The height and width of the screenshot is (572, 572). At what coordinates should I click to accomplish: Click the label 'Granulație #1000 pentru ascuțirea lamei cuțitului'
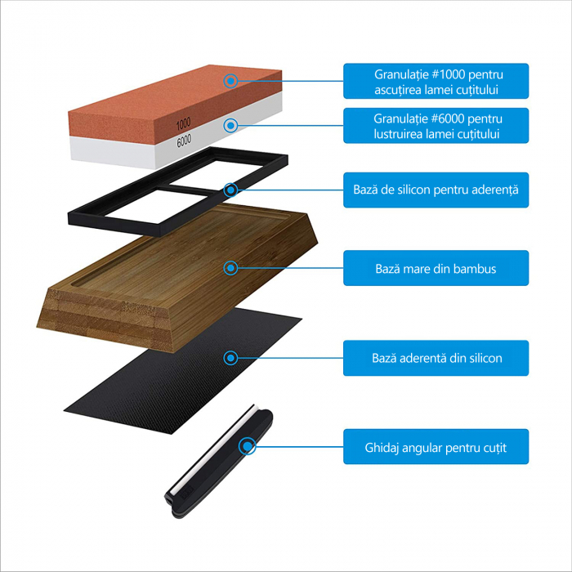pyautogui.click(x=436, y=82)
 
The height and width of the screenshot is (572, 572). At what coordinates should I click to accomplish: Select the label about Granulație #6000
pyautogui.click(x=436, y=126)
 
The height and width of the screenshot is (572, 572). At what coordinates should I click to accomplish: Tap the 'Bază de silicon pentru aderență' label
pyautogui.click(x=436, y=190)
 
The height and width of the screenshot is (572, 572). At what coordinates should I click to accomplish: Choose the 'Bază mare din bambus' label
pyautogui.click(x=436, y=268)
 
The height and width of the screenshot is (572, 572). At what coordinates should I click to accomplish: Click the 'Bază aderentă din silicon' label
pyautogui.click(x=436, y=358)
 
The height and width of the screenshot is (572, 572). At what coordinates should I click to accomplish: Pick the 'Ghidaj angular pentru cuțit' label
pyautogui.click(x=436, y=447)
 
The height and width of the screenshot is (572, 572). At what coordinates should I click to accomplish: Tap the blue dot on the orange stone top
pyautogui.click(x=231, y=81)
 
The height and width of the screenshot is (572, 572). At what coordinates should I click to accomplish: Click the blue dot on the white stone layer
pyautogui.click(x=231, y=126)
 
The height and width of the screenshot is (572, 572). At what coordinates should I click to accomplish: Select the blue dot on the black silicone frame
pyautogui.click(x=231, y=190)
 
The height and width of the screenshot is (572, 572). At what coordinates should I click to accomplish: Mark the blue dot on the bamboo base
pyautogui.click(x=231, y=267)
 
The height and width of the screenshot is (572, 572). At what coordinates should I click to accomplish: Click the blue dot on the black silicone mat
pyautogui.click(x=231, y=358)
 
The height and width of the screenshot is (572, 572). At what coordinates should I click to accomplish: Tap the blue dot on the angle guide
pyautogui.click(x=247, y=446)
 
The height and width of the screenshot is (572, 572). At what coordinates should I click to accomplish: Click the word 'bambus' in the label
pyautogui.click(x=474, y=268)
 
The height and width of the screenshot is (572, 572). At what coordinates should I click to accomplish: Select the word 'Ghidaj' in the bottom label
pyautogui.click(x=382, y=448)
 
